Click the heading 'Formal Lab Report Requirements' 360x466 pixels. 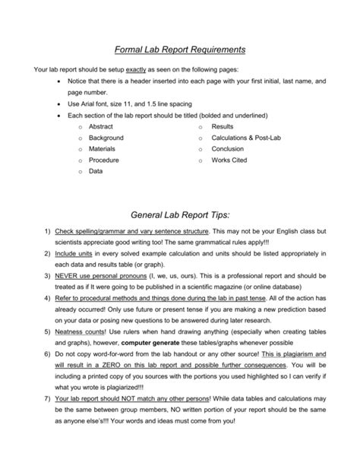click(179, 49)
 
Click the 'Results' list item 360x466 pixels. click(223, 126)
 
